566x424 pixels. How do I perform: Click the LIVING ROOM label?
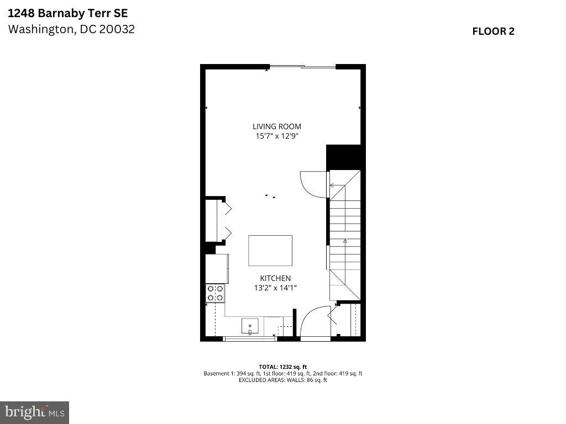[277, 126]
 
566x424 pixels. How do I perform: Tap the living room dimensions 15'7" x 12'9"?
[277, 136]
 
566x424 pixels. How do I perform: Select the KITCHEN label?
[275, 278]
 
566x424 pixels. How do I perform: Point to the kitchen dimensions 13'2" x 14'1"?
[275, 288]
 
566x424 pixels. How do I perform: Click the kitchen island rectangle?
[270, 251]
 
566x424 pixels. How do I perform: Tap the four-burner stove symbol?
[215, 293]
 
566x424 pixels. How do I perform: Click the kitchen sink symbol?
[250, 326]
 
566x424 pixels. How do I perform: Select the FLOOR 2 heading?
[493, 31]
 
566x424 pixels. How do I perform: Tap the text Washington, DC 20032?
[71, 29]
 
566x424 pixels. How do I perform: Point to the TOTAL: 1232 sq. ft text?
[282, 367]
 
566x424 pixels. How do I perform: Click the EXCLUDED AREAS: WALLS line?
[282, 380]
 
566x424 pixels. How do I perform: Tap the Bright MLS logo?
[34, 412]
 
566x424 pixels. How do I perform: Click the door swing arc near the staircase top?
[312, 184]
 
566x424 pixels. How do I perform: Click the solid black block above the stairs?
[343, 157]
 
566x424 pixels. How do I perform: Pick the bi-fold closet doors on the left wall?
[226, 221]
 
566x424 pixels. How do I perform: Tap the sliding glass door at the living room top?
[302, 67]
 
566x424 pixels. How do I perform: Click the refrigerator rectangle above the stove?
[217, 269]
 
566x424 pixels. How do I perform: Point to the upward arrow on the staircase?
[345, 241]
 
